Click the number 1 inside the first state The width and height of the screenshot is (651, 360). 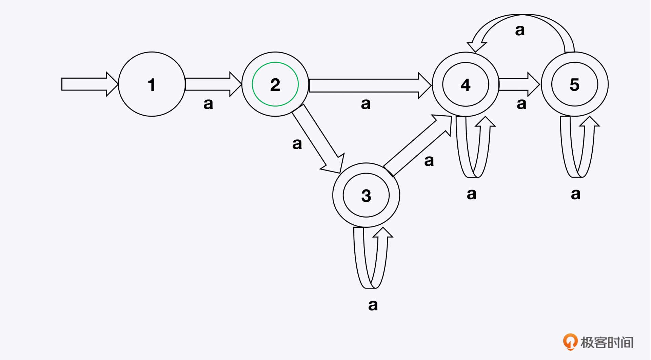pos(152,85)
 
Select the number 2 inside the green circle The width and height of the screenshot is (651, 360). pos(275,85)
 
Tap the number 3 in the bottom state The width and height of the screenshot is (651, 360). pos(366,196)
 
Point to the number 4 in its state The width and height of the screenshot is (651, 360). pos(466,85)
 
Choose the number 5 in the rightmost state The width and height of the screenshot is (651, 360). pos(574,85)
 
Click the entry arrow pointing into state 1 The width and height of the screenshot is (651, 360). pos(90,84)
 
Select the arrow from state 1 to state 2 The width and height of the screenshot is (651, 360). pos(214,84)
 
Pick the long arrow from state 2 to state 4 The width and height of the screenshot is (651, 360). pos(370,85)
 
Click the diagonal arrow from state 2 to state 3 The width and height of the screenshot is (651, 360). pos(318,139)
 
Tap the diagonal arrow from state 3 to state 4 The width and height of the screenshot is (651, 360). pos(418,146)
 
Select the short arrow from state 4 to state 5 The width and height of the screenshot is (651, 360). pos(519,84)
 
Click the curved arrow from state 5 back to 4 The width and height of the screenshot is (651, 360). pos(521,33)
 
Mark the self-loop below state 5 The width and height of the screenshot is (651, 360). pos(579,147)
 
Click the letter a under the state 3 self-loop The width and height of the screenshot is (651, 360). pos(373,305)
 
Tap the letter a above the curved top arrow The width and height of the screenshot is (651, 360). pos(520,31)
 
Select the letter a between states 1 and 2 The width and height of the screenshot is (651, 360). pos(208,104)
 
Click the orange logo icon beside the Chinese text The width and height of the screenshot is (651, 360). pos(570,342)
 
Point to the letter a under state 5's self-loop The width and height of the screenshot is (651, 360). pos(576,194)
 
